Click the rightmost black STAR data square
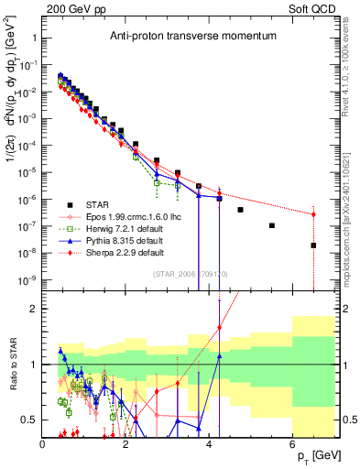tap(313, 245)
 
